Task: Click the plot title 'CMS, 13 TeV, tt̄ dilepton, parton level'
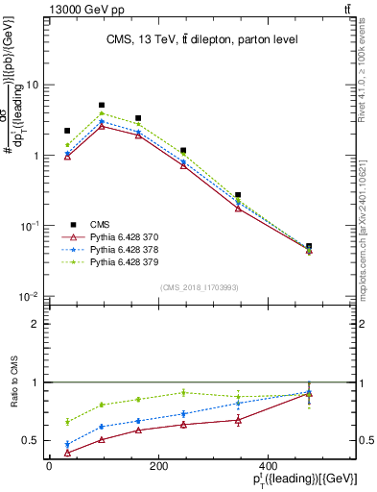(201, 39)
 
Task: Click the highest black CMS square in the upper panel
(102, 105)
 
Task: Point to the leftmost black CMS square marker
(67, 131)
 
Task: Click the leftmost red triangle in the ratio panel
(67, 453)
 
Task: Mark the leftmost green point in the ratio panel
(67, 422)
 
